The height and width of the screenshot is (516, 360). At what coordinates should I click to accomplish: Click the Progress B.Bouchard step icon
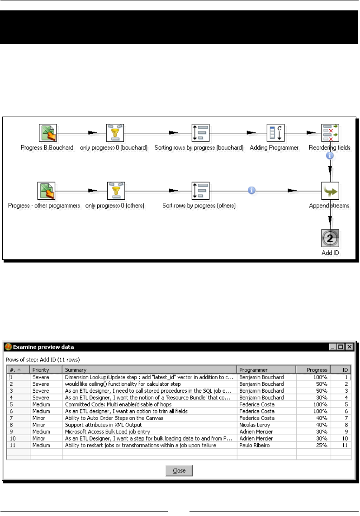(x=47, y=133)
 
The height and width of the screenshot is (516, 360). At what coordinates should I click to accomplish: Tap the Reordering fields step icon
(x=330, y=133)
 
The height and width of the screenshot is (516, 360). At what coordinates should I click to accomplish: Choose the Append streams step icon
(x=330, y=191)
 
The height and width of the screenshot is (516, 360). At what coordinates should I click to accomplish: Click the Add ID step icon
(x=330, y=238)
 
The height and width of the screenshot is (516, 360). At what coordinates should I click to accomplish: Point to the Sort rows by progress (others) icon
(x=199, y=191)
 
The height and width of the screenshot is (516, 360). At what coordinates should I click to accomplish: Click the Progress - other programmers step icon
(x=46, y=191)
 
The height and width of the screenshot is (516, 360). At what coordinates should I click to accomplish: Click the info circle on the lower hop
(x=252, y=191)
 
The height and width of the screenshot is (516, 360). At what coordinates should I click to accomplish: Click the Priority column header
(x=46, y=370)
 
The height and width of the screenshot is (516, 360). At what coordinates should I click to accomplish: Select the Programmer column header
(x=266, y=370)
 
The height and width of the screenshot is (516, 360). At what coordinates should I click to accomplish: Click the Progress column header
(x=313, y=370)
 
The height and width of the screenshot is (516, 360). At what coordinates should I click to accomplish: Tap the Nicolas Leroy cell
(x=266, y=425)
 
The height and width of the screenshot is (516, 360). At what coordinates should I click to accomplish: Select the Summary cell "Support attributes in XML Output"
(x=149, y=425)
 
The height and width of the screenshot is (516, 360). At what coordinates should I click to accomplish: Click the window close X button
(x=349, y=347)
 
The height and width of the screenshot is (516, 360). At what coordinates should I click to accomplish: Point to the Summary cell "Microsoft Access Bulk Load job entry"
(x=149, y=432)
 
